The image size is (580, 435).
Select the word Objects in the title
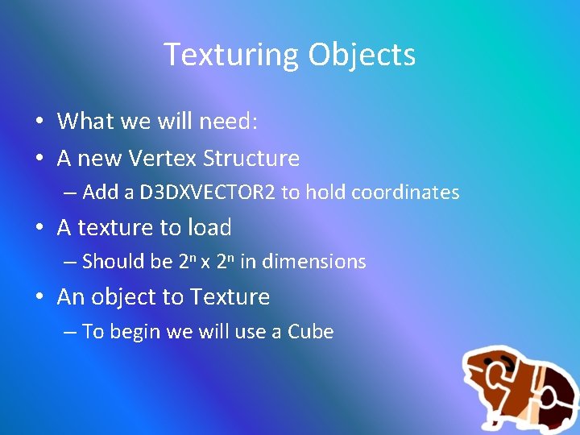tap(362, 56)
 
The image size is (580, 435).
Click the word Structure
tap(251, 159)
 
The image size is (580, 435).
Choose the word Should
tap(110, 262)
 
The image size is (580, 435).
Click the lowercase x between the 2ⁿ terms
tap(205, 263)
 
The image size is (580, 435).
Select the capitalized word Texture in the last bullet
tap(230, 297)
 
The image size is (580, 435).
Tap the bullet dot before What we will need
tap(39, 122)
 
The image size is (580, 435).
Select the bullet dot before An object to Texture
tap(39, 298)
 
